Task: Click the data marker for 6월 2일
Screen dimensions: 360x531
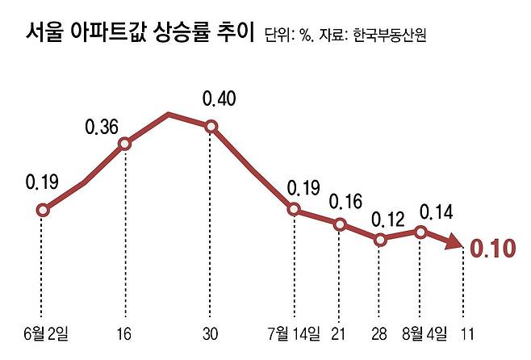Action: coord(43,211)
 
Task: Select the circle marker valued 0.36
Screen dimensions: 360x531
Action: coord(125,144)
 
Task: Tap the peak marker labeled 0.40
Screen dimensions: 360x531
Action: coord(211,126)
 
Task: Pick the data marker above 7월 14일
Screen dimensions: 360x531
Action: coord(294,210)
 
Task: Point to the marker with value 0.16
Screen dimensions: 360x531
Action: coord(340,224)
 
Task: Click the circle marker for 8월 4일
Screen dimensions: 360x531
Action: coord(420,232)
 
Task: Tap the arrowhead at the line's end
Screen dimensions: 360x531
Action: coord(454,245)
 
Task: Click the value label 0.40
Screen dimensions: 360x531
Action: coord(219,99)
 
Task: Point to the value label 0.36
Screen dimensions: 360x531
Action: coord(102,127)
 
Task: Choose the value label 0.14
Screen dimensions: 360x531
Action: coord(436,212)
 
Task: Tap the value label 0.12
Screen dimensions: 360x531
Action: coord(387,219)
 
